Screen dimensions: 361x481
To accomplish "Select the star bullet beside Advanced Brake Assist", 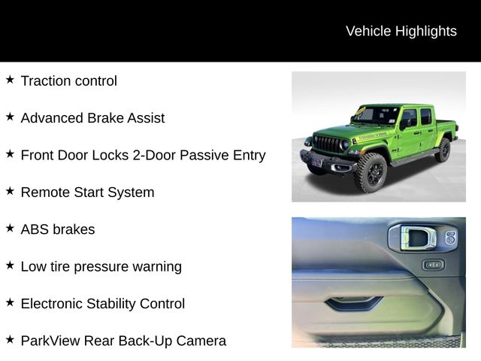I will pos(10,117).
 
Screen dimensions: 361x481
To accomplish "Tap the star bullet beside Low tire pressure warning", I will pos(10,265).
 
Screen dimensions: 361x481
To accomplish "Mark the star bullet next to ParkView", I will pos(10,340).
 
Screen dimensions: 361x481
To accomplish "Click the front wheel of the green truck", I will pos(371,172).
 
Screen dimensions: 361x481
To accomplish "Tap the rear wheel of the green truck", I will pos(444,150).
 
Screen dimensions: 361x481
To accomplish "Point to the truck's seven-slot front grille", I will pos(327,144).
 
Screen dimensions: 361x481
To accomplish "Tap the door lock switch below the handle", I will pos(432,265).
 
